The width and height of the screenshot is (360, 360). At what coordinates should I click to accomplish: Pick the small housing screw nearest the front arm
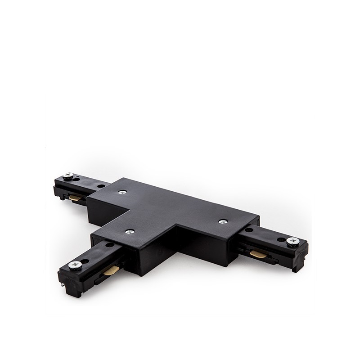click(x=130, y=232)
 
